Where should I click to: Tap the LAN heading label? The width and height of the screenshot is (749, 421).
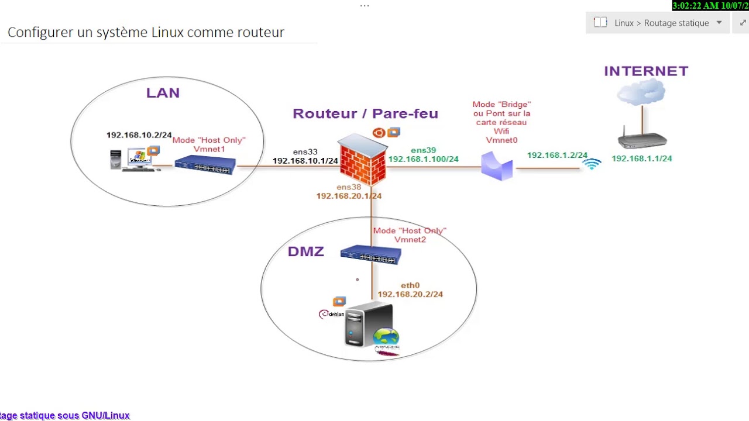[163, 93]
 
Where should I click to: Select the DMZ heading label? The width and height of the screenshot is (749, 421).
[305, 252]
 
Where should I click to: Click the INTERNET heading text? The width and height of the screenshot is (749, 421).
[646, 71]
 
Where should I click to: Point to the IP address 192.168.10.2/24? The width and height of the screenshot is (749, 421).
[139, 135]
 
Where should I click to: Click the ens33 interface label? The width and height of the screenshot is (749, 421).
[305, 152]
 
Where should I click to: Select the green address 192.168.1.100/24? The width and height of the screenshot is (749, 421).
[423, 159]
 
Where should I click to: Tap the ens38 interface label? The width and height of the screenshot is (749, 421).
[349, 187]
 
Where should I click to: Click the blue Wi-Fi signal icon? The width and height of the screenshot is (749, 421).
[592, 164]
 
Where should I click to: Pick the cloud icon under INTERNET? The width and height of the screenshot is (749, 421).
[641, 92]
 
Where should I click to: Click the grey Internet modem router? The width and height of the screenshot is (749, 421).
[642, 140]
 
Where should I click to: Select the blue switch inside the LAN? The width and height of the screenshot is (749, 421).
[205, 165]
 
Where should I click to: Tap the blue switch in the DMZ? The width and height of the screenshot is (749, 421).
[370, 255]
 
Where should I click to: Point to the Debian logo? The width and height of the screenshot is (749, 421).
[331, 315]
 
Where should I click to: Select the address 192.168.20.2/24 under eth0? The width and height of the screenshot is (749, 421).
[410, 294]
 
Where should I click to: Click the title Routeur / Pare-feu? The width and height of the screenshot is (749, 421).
[365, 113]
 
